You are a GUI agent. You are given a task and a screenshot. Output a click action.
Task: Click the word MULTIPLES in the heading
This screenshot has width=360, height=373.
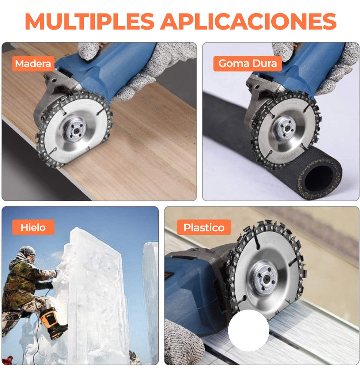90,21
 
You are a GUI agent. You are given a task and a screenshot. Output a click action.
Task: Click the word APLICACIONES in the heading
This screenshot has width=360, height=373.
248,21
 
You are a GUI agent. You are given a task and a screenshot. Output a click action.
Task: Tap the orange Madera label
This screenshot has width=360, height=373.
33,64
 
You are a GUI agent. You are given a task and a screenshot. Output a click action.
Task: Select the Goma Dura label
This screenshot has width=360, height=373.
247,63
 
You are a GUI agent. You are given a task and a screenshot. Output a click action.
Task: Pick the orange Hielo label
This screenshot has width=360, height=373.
33,227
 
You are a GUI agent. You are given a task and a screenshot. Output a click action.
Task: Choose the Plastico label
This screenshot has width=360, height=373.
204,227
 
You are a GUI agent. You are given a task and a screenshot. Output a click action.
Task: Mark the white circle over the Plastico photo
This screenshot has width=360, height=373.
249,330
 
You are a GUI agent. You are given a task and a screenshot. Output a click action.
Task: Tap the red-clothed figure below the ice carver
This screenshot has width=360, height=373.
8,360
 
